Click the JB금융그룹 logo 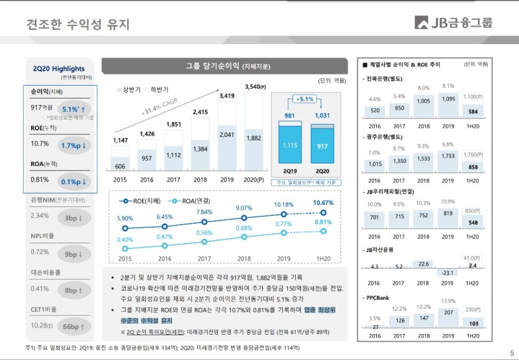pos(453,23)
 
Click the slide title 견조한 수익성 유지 pos(78,25)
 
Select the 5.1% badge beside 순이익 pos(75,109)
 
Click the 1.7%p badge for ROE pos(75,145)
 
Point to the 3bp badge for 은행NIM pos(75,217)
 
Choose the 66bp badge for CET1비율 pos(75,326)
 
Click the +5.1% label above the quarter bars pos(305,100)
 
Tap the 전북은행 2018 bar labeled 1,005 pos(424,101)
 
